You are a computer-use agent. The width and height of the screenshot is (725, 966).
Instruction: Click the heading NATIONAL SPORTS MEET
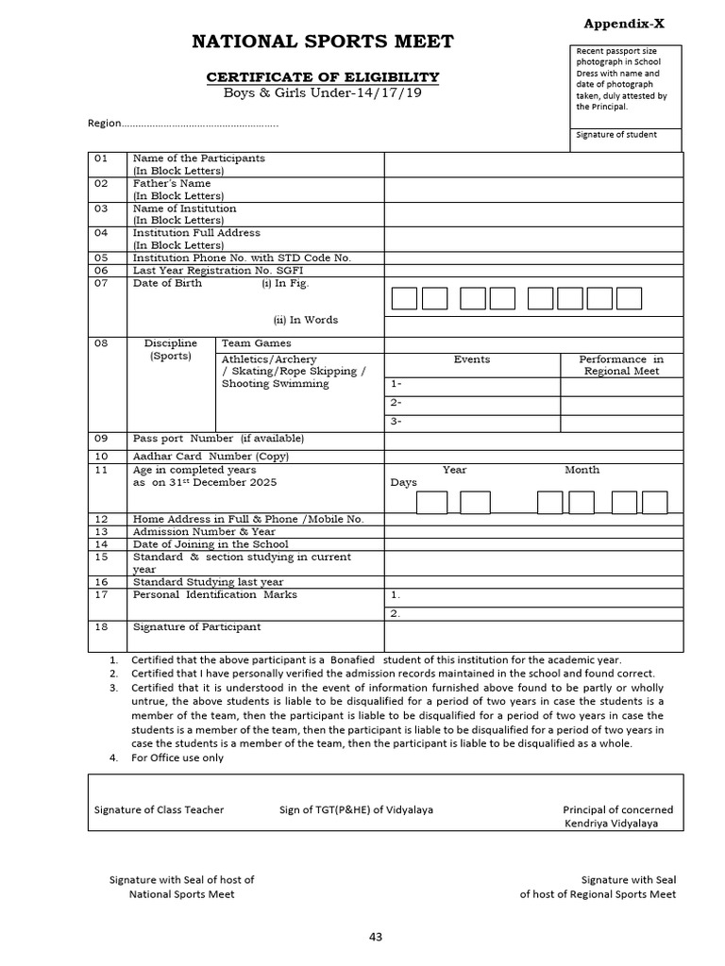pos(323,42)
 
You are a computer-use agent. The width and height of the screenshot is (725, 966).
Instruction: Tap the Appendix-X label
pos(623,25)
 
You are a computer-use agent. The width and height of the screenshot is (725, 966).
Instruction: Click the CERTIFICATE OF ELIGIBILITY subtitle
pos(323,77)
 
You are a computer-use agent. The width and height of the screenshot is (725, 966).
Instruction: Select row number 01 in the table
pos(101,158)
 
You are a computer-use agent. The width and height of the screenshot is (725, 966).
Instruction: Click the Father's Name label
pos(172,183)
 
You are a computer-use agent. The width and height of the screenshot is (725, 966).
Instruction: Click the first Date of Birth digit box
pos(404,299)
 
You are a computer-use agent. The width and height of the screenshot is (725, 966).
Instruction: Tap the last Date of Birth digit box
pos(629,299)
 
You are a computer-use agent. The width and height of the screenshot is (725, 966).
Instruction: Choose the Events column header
pos(472,359)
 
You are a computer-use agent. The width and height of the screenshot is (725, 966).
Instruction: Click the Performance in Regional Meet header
pos(620,365)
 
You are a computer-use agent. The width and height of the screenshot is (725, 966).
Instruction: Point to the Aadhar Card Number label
pos(211,456)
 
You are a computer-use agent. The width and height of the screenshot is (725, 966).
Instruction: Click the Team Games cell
pos(256,343)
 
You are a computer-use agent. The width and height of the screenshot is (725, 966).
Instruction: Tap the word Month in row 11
pos(582,470)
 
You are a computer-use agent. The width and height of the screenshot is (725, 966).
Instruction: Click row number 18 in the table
pos(101,626)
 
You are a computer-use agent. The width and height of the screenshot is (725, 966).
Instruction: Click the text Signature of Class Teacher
pos(160,809)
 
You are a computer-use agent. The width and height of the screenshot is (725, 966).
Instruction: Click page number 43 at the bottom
pos(376,937)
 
